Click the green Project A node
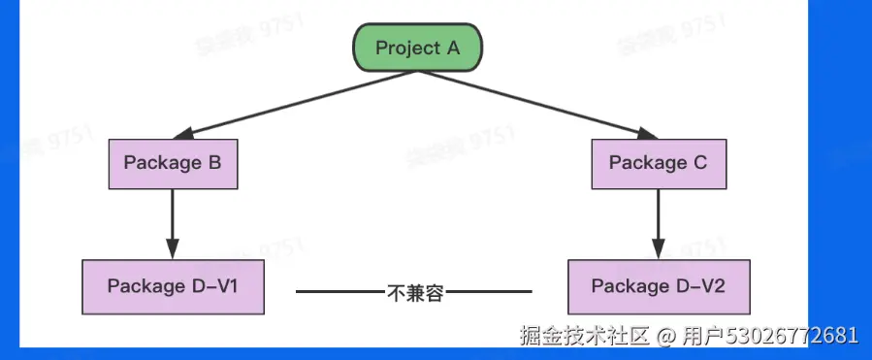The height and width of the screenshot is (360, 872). point(416,49)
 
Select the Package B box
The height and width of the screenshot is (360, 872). point(173,163)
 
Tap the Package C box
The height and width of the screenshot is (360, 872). point(659,163)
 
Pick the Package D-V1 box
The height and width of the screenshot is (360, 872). point(173,286)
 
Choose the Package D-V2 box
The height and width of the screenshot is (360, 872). point(659,286)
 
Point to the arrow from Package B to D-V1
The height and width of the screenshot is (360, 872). point(173,222)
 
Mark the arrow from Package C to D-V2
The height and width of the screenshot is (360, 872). point(659,222)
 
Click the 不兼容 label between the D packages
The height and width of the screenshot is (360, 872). point(415,291)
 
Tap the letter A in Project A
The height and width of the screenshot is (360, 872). point(452,48)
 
